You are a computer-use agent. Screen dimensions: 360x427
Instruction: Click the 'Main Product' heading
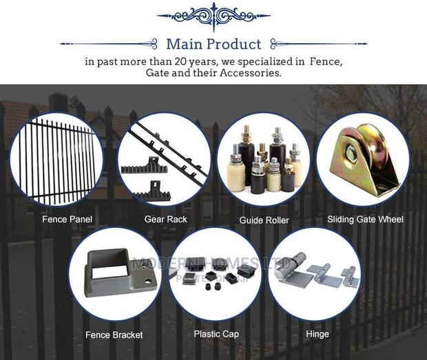pos(213,44)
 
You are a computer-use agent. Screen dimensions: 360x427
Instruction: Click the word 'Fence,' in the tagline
pos(324,61)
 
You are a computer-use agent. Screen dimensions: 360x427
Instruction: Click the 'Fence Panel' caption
pos(67,220)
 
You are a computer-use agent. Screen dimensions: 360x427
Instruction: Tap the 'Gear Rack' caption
pos(165,220)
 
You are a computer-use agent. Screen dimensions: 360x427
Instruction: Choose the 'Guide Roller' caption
pos(264,220)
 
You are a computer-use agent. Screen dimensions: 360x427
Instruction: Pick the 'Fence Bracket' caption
pos(114,335)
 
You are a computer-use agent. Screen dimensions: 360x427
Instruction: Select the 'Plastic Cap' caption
pos(216,334)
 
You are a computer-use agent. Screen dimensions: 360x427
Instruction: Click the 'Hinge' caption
pos(317,334)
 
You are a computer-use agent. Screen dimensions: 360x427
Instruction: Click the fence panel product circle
pos(56,160)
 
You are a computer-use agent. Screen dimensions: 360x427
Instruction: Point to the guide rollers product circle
pos(264,160)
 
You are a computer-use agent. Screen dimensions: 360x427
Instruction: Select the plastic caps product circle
pos(216,274)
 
